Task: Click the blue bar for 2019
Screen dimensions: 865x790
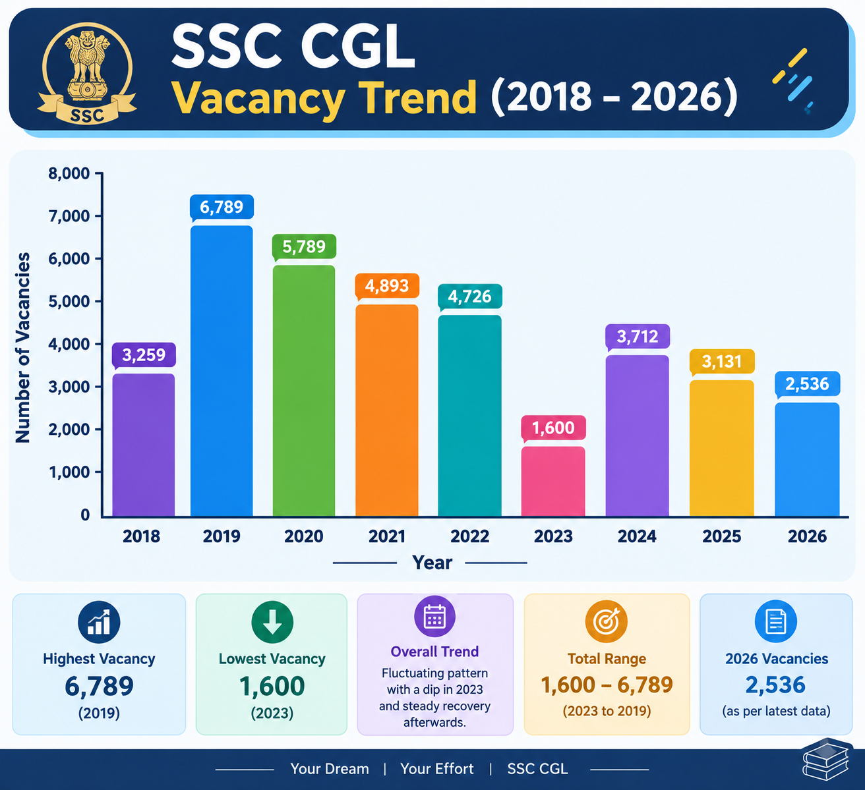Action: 222,371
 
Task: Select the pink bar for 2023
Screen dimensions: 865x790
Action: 553,481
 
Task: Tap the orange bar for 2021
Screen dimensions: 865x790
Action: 387,410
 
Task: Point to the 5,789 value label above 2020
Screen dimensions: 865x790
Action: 304,246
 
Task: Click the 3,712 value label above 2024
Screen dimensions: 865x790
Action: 638,336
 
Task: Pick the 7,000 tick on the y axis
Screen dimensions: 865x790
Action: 69,215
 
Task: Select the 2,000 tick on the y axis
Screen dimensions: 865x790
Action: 69,430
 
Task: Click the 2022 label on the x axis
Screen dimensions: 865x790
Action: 469,536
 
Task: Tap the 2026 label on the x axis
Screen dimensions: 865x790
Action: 807,536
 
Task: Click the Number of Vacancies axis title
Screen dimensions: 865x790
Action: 23,347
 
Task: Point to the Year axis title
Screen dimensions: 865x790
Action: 432,563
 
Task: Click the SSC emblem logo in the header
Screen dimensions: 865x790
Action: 87,73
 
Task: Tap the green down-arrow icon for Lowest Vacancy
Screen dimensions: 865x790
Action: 272,623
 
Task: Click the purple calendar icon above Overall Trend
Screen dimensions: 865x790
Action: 434,616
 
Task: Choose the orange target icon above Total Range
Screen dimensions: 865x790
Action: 607,621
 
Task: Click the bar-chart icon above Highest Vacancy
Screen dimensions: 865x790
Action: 99,623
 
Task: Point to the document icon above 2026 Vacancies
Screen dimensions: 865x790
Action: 776,621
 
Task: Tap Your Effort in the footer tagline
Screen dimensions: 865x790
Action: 437,769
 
